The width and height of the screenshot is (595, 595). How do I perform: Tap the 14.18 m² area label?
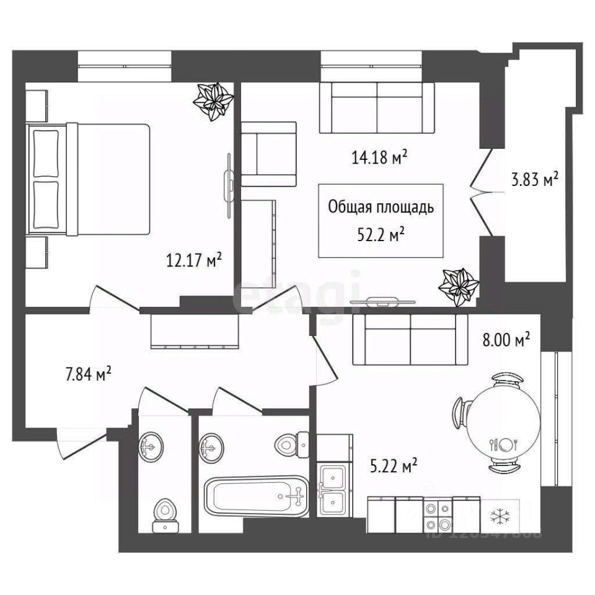pyautogui.click(x=379, y=158)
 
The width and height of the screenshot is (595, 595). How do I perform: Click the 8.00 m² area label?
pyautogui.click(x=505, y=340)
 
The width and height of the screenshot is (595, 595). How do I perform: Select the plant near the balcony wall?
pyautogui.click(x=458, y=286)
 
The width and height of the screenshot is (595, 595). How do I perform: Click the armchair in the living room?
pyautogui.click(x=268, y=154)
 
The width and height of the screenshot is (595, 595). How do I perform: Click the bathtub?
pyautogui.click(x=255, y=496)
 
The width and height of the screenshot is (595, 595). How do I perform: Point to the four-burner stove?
pyautogui.click(x=438, y=515)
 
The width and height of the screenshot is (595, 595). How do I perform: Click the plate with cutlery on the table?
pyautogui.click(x=508, y=444)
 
